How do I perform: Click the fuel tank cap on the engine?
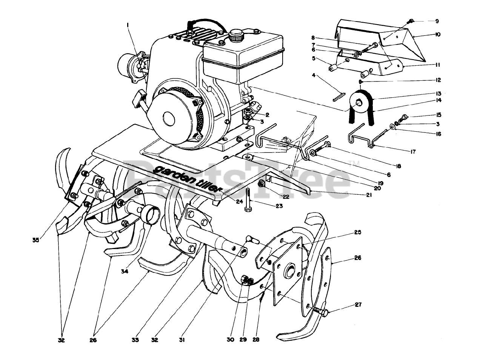[x=237, y=35]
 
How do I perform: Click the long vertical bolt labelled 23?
[x=247, y=199]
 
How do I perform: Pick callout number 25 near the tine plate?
[x=357, y=232]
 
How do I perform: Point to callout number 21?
[x=369, y=195]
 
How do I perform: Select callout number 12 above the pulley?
[x=438, y=80]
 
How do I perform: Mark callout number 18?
[x=398, y=166]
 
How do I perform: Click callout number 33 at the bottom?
[x=135, y=340]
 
